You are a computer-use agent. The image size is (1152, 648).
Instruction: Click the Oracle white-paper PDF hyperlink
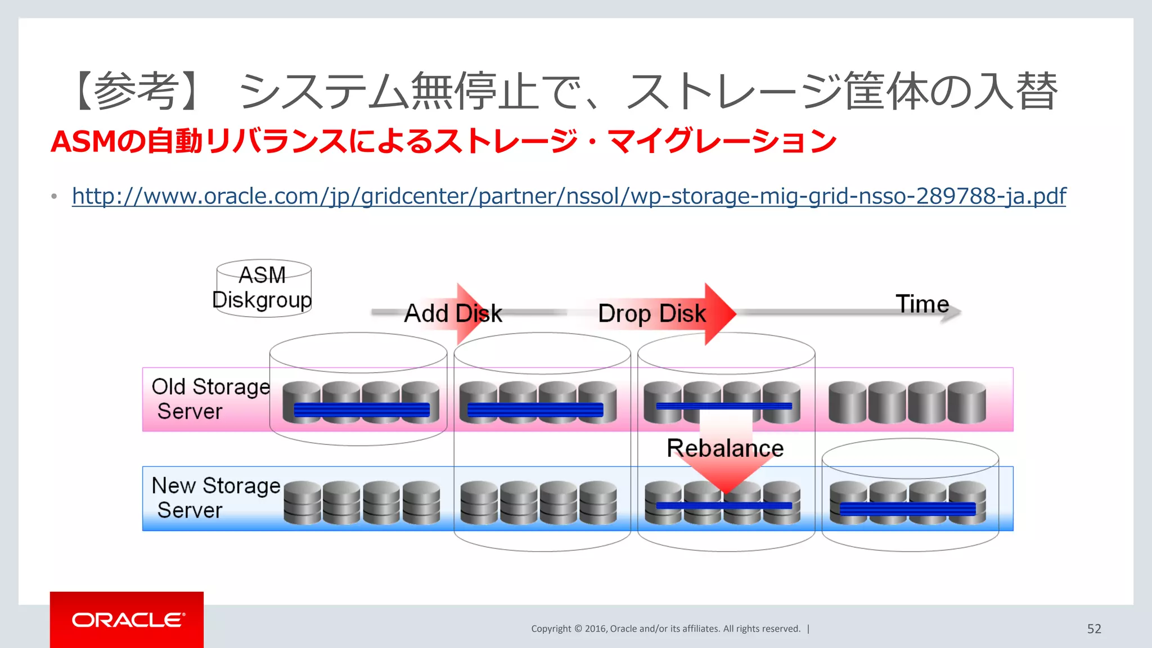[569, 196]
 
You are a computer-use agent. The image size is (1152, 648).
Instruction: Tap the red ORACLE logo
[127, 620]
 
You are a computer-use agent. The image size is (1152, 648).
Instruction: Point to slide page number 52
[1094, 629]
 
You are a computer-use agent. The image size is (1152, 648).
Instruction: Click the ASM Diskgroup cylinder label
[263, 287]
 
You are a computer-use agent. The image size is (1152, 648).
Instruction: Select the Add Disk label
[453, 313]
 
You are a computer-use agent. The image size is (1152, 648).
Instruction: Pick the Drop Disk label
[652, 313]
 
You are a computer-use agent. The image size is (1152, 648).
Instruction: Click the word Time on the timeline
[922, 304]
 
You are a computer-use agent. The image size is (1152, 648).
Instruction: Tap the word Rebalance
[725, 448]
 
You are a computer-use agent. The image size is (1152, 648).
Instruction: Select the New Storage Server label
[215, 498]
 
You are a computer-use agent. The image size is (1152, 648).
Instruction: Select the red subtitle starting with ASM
[443, 141]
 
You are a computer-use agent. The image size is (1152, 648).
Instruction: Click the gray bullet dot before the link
[54, 196]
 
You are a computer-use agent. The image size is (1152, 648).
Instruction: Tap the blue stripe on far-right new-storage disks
[907, 509]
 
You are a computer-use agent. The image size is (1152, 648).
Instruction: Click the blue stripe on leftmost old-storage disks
[361, 409]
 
